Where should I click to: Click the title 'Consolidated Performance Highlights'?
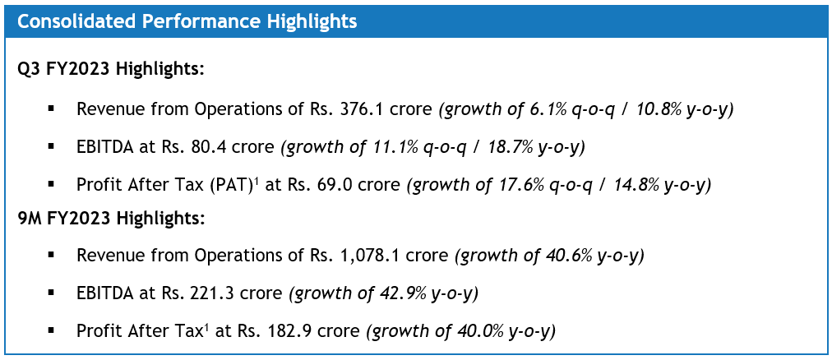[187, 21]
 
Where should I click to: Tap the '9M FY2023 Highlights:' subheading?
[112, 219]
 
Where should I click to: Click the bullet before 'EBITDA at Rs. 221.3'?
[53, 293]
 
